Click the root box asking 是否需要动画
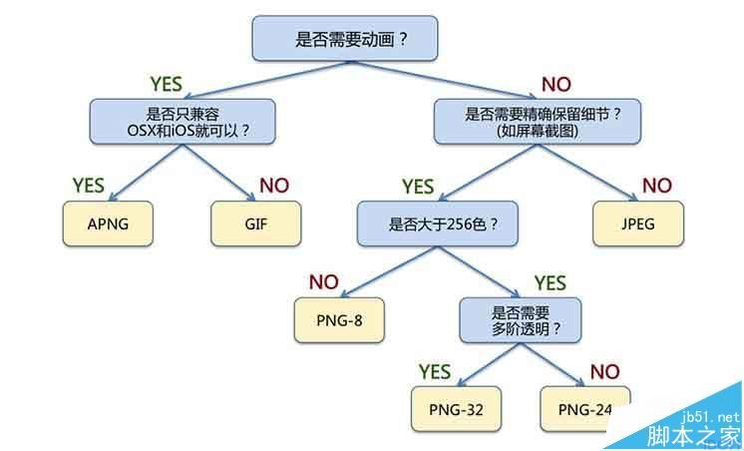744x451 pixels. coord(345,39)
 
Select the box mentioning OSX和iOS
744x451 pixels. coord(183,122)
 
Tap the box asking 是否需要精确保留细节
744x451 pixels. coord(538,122)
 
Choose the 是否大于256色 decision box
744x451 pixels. coord(438,224)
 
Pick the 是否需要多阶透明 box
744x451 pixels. coord(521,320)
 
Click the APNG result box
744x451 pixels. coord(108,224)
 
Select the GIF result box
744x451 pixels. coord(256,224)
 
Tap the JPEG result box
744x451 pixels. coord(638,224)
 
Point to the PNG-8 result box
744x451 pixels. coord(339,320)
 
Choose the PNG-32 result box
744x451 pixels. coord(456,409)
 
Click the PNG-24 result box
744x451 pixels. coord(585,409)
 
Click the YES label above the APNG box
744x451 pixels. coord(88,186)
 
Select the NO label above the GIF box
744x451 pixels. coord(274,186)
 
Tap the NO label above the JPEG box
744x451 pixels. coord(657,186)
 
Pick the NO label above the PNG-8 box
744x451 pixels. coord(323,282)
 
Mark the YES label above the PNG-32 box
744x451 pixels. coord(435,372)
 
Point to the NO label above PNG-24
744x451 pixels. coord(605,372)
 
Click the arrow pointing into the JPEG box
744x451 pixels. coord(587,173)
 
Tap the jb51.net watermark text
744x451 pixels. coord(711,418)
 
